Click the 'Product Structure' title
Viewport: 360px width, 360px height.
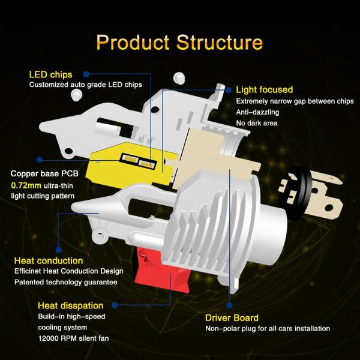(x=179, y=43)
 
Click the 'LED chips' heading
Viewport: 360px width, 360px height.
(x=50, y=74)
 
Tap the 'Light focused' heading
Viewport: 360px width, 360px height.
(x=264, y=89)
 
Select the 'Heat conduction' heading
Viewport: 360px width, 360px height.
(x=48, y=260)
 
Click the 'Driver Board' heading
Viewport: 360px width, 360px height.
(x=232, y=317)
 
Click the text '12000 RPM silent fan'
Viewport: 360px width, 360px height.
(x=73, y=339)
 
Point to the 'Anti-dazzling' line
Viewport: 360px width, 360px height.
(x=257, y=112)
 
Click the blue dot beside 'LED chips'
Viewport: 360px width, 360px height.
(x=86, y=74)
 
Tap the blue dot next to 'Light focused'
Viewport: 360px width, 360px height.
(x=229, y=89)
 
